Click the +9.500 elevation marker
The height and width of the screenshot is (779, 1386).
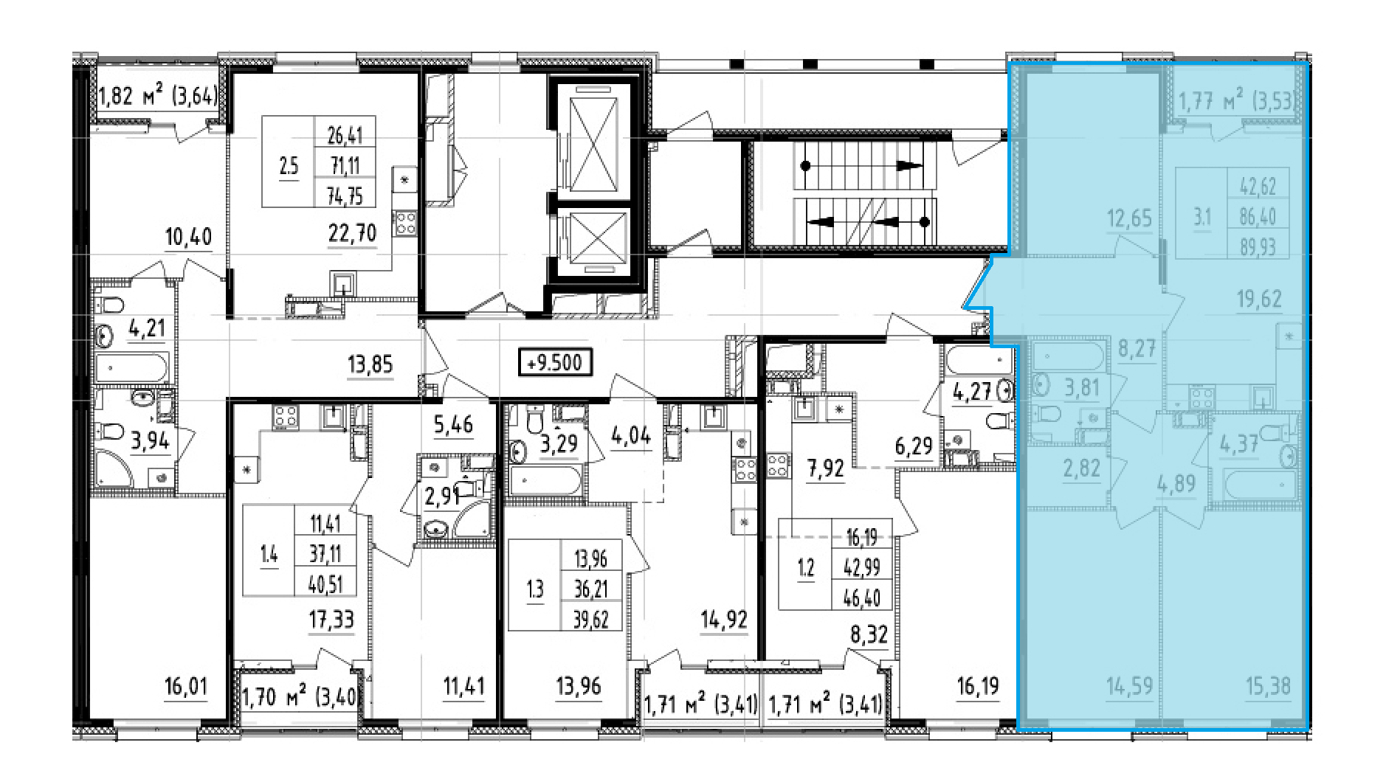point(555,363)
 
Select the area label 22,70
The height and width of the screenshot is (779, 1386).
point(352,233)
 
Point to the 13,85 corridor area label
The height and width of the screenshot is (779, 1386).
point(370,364)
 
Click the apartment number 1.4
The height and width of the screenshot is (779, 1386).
point(269,554)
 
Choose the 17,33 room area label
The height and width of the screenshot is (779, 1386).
point(331,620)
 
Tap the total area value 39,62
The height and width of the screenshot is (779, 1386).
point(590,619)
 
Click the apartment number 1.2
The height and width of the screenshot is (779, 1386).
point(806,567)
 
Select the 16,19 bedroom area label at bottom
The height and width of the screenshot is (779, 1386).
point(978,687)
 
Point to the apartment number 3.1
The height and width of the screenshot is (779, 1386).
point(1202,217)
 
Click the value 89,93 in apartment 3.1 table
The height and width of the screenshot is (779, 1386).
point(1258,246)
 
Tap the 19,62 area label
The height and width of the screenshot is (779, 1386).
point(1259,299)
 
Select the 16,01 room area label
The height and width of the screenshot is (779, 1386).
point(186,687)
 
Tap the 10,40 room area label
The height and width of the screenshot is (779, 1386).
point(188,237)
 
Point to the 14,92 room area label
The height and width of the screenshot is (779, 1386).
point(724,620)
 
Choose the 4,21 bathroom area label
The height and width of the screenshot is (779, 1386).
point(147,328)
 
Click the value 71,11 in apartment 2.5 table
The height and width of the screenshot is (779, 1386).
point(345,165)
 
